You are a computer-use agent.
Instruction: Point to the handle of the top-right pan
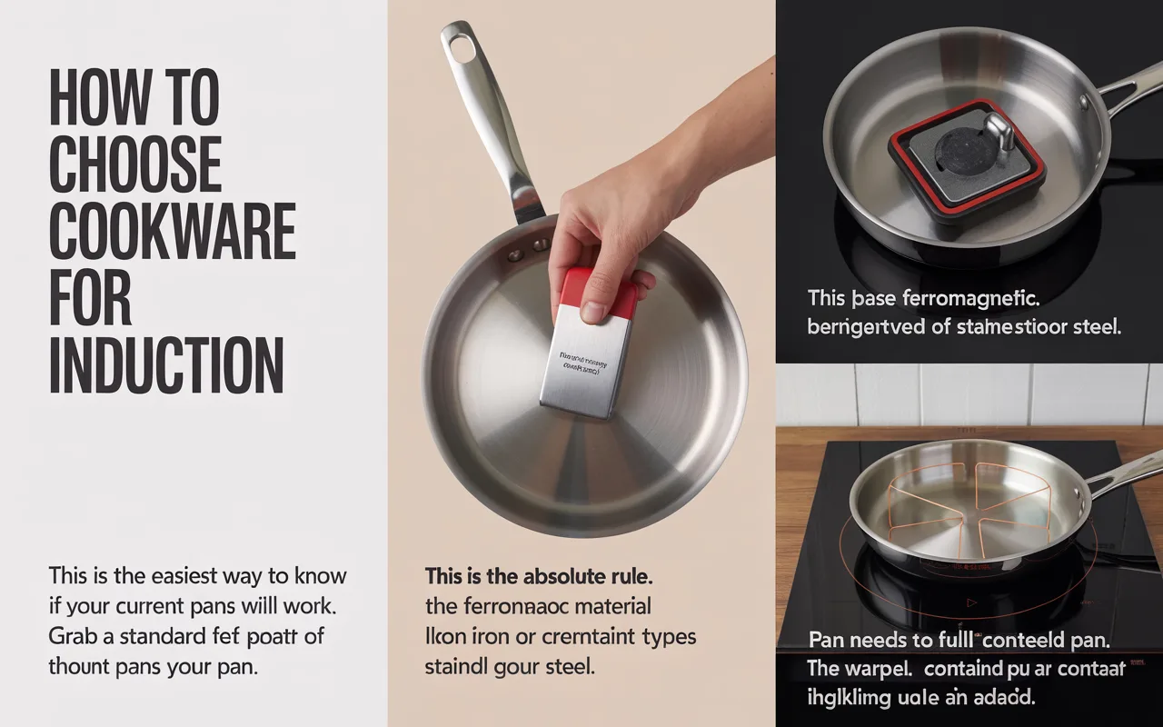(x=1128, y=90)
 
